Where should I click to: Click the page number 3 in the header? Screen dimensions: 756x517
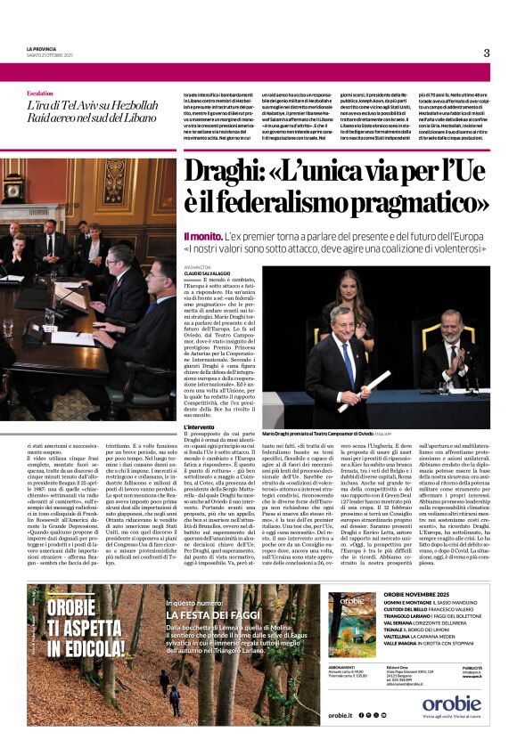point(487,53)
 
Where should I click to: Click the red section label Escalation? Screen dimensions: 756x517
point(40,93)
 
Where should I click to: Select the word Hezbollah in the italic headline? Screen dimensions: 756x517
point(127,105)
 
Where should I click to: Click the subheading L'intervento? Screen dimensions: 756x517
point(201,427)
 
